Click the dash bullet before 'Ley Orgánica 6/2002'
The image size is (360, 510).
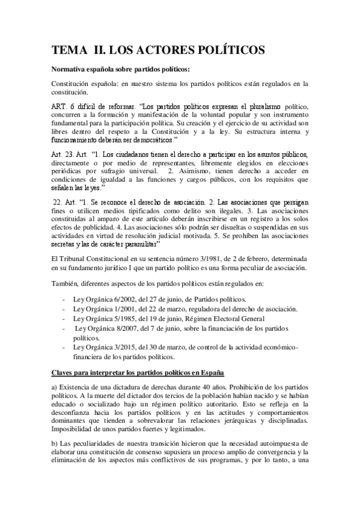click(x=64, y=300)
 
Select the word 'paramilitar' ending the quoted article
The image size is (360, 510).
click(x=138, y=229)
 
